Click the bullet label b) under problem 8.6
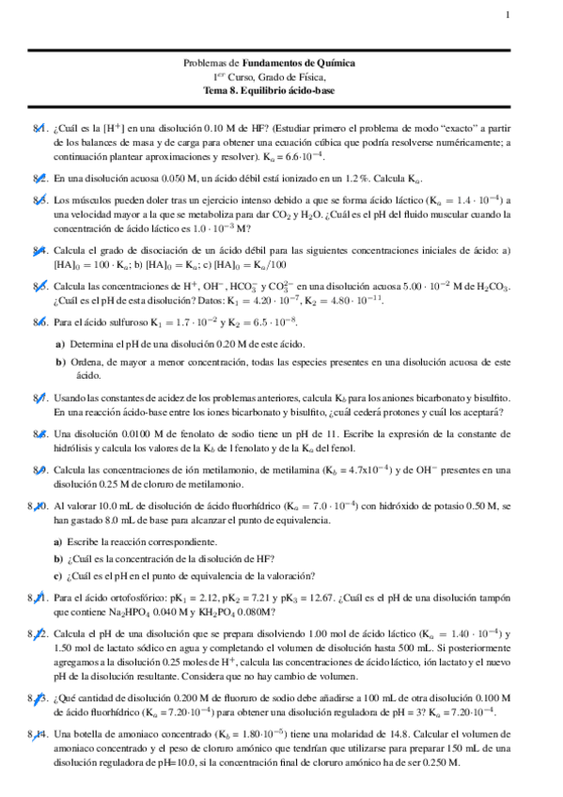point(60,361)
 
